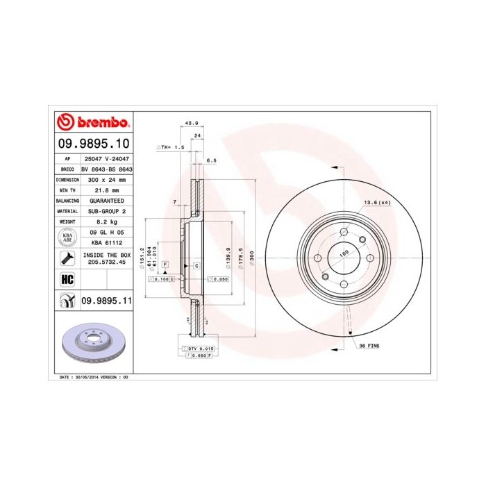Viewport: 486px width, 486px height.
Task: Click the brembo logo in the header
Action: [93, 123]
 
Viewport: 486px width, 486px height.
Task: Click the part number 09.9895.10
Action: [93, 144]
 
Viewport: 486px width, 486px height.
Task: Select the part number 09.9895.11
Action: [106, 301]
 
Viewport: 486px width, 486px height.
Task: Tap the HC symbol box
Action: [67, 279]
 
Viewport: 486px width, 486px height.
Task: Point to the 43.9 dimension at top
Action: [188, 124]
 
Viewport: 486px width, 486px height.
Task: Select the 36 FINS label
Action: [369, 345]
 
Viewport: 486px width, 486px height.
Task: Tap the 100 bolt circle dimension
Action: [343, 254]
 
